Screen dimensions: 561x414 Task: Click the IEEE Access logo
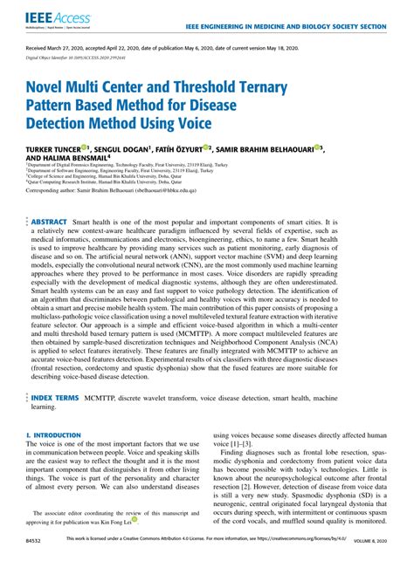click(x=52, y=17)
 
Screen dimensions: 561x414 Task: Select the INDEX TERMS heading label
click(x=56, y=395)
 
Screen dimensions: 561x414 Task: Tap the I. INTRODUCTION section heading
click(x=58, y=434)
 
